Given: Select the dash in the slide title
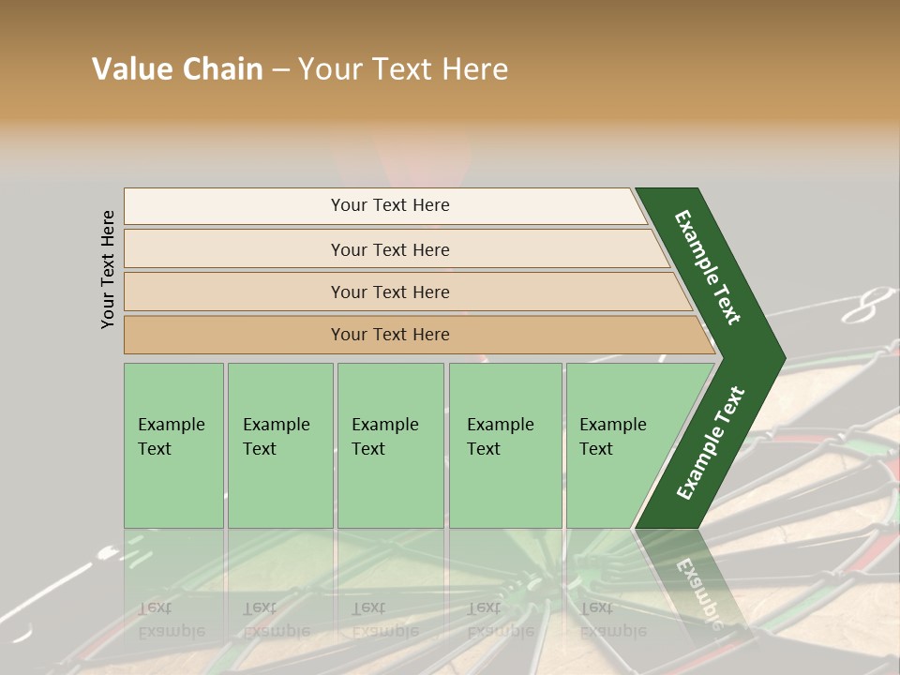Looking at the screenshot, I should [x=280, y=70].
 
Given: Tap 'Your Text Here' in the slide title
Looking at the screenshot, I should [x=403, y=69].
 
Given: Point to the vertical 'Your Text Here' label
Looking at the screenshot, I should [x=108, y=269].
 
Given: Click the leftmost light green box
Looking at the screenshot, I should [x=173, y=445].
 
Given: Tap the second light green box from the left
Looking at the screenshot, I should [x=280, y=445].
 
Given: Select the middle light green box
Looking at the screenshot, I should [x=390, y=445].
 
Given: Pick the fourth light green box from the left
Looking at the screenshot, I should [x=505, y=445].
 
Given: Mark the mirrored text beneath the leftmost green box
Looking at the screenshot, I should [x=172, y=619].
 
